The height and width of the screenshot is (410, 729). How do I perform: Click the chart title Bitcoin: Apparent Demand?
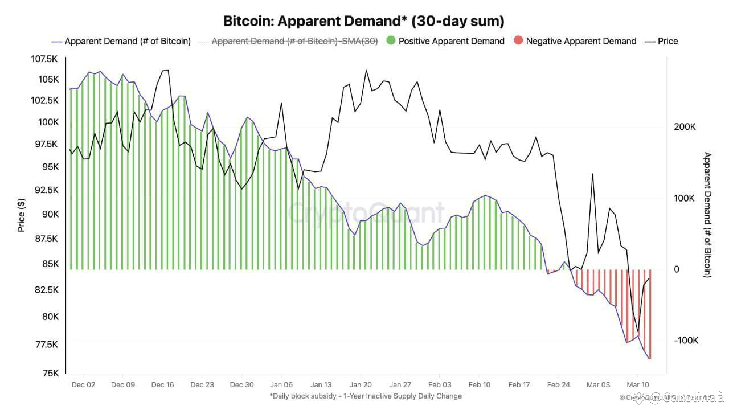pyautogui.click(x=364, y=22)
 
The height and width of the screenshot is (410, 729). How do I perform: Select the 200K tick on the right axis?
pyautogui.click(x=685, y=127)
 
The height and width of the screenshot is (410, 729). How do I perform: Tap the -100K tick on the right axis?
pyautogui.click(x=686, y=341)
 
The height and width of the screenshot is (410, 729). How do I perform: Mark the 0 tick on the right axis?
pyautogui.click(x=677, y=269)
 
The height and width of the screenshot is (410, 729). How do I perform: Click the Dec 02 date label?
pyautogui.click(x=83, y=384)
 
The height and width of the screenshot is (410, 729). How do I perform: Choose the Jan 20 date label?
pyautogui.click(x=361, y=384)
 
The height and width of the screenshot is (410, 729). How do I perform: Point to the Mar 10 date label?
pyautogui.click(x=638, y=384)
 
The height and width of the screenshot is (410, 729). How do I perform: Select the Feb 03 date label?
pyautogui.click(x=440, y=384)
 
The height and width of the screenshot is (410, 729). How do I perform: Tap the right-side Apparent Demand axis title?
pyautogui.click(x=708, y=215)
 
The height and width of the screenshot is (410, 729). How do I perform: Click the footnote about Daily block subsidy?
pyautogui.click(x=365, y=396)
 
